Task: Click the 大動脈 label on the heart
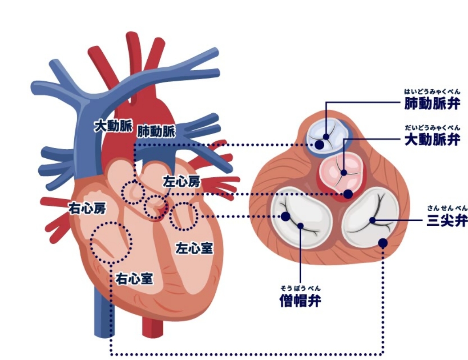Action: point(113,126)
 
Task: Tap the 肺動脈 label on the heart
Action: point(156,131)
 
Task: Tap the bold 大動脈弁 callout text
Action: point(431,139)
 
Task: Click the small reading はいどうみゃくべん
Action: point(431,92)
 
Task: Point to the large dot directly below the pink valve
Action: point(348,194)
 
